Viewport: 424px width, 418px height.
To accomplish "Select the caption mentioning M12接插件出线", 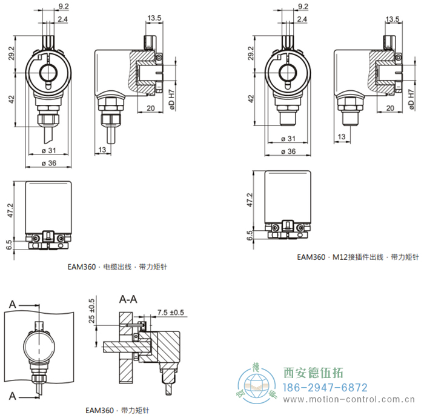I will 358,257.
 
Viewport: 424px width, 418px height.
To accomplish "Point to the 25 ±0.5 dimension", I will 91,310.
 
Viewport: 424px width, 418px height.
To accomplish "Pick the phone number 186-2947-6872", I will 325,387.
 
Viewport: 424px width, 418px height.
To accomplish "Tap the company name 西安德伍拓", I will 313,373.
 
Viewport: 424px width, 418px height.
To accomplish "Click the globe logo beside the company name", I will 256,384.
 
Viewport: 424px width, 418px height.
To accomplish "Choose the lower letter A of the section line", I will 12,396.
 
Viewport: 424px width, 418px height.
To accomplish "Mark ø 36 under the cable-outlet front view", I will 48,162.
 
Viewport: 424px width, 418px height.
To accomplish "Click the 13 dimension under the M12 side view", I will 342,138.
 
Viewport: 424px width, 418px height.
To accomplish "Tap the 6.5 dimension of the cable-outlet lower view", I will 8,245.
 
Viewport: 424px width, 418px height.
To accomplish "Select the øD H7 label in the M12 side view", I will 412,98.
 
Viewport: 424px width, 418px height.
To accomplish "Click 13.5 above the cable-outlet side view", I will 153,18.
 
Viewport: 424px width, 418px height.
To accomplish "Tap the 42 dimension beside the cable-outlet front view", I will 12,100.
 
